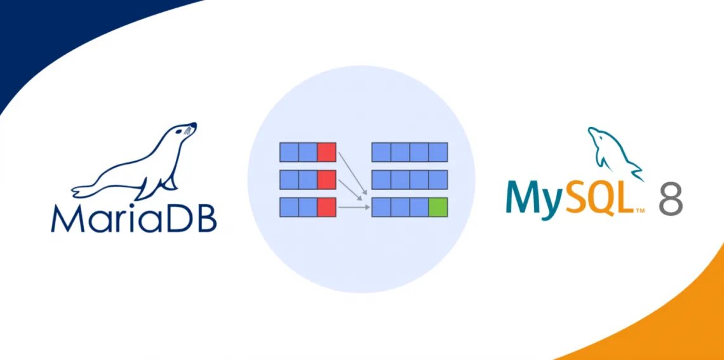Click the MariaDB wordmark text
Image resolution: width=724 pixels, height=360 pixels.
[134, 217]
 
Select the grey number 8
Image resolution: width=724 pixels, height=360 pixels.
[670, 198]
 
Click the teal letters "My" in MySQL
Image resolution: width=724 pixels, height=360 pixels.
[533, 198]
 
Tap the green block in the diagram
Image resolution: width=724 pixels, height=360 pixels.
[438, 208]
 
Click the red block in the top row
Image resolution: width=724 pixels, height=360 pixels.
[326, 152]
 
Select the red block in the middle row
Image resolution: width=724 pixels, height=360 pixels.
[326, 180]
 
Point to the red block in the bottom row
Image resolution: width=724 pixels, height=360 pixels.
[326, 208]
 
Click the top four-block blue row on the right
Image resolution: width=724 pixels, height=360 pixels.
[410, 152]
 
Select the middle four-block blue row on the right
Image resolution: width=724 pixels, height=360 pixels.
[410, 180]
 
